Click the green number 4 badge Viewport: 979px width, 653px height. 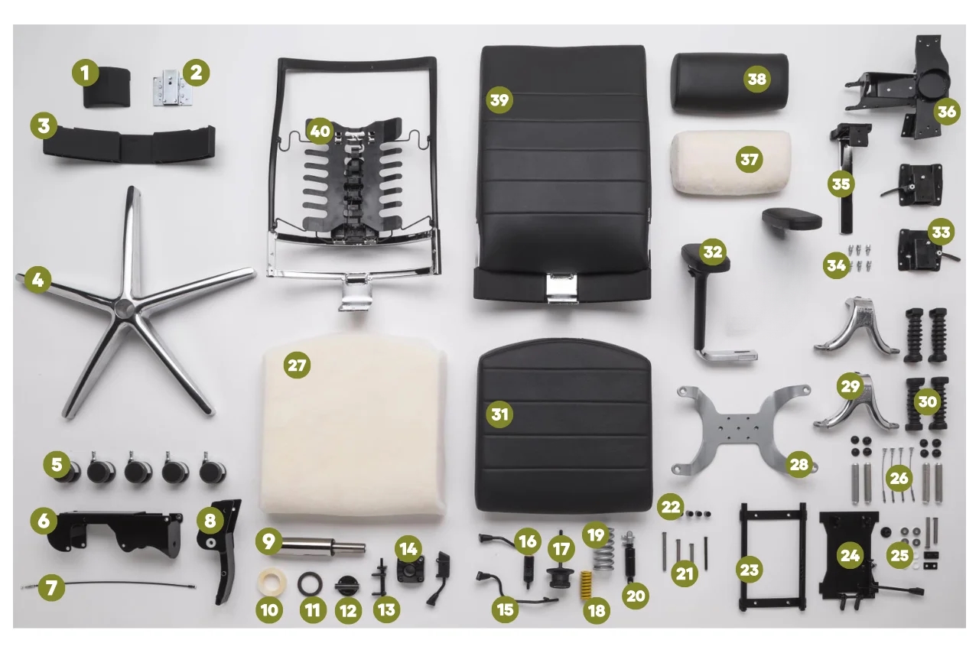point(37,279)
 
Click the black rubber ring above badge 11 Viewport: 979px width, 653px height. point(310,583)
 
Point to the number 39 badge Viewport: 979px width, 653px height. point(499,100)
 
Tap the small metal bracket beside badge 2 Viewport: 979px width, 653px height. point(172,88)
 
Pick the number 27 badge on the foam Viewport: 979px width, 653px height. point(297,365)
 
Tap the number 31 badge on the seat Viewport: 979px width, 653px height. point(499,414)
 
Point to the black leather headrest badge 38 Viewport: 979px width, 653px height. point(757,79)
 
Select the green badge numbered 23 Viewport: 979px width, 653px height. point(749,570)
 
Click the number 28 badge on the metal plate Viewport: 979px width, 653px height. point(799,463)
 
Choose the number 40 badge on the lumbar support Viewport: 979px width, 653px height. point(320,131)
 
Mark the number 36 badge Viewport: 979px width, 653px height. point(947,112)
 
